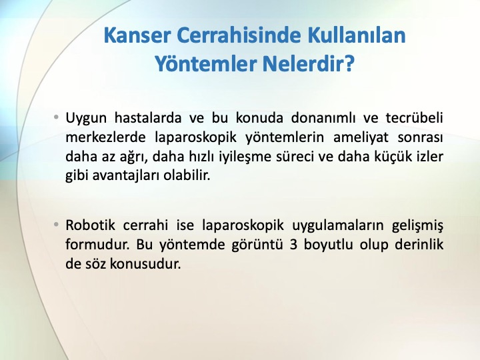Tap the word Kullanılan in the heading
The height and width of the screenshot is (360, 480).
[356, 35]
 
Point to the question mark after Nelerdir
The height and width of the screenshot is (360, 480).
[349, 64]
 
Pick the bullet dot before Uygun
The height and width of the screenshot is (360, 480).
[56, 117]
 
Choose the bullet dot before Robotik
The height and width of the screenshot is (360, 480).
[56, 225]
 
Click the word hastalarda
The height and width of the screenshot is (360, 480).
[148, 117]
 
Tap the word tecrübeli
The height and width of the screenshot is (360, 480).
[414, 117]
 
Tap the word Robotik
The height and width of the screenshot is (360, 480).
[90, 225]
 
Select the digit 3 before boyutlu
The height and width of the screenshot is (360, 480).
[293, 245]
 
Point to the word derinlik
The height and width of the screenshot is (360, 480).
[419, 245]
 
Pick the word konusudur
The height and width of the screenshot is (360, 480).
[145, 264]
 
